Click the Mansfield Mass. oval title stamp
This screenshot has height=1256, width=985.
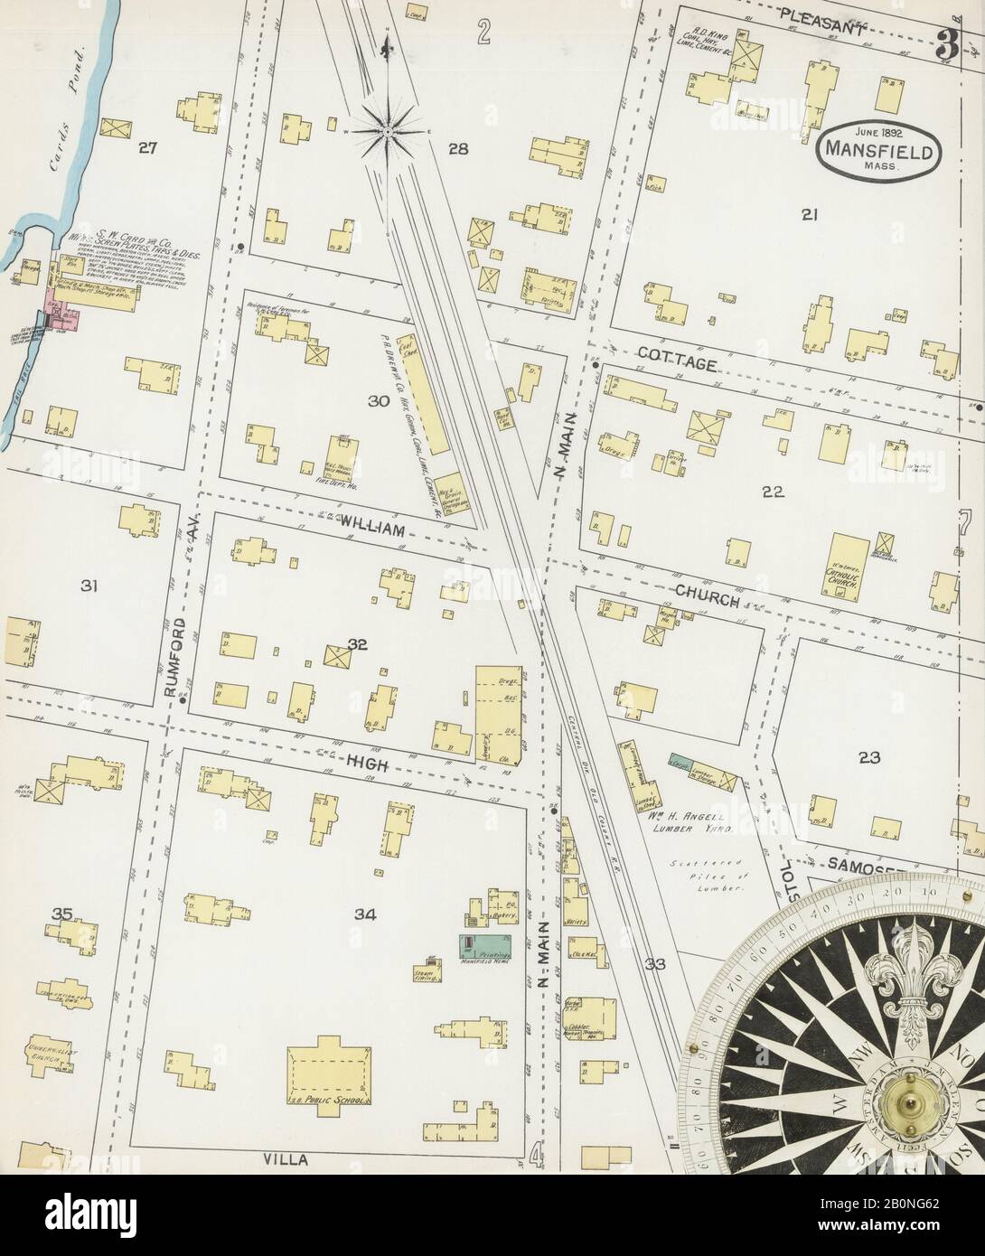876,148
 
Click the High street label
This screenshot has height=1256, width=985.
365,764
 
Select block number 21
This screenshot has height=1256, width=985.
809,214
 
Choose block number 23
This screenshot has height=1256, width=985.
868,757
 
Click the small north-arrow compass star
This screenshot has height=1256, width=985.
388,131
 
